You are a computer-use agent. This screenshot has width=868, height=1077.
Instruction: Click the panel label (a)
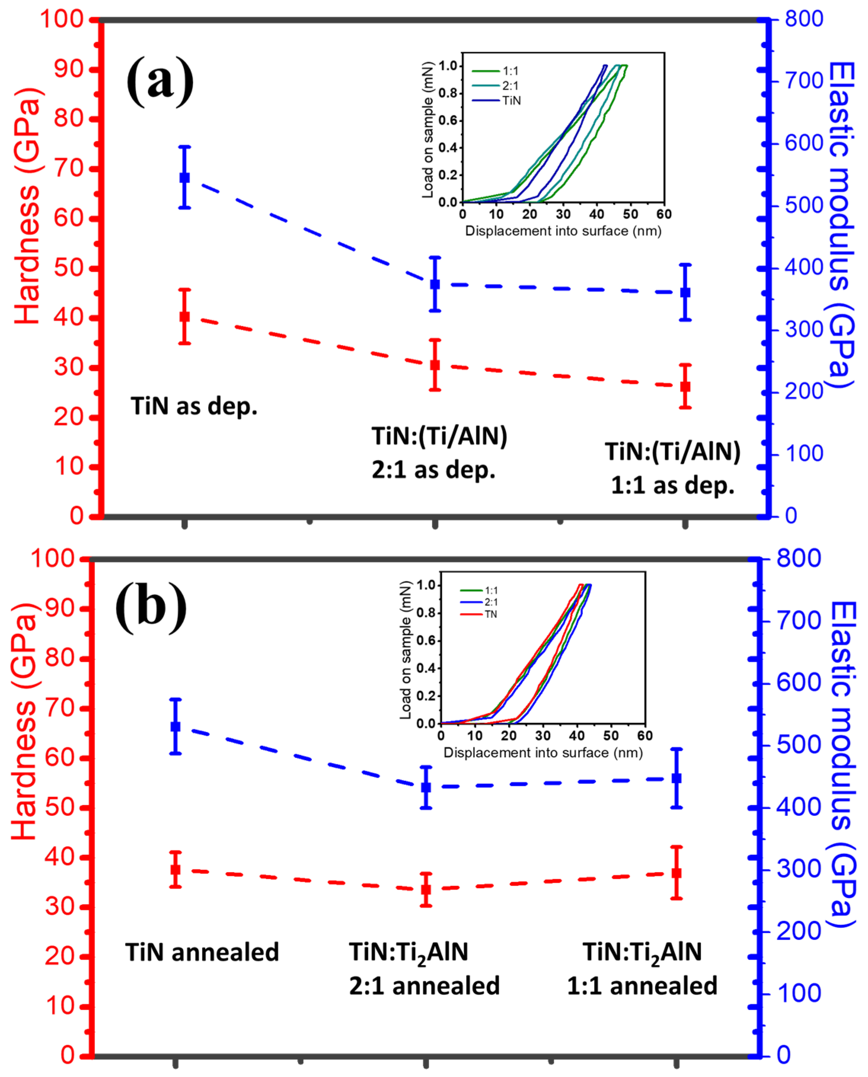pyautogui.click(x=160, y=81)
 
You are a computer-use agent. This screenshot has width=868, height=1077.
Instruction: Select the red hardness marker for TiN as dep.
pyautogui.click(x=185, y=317)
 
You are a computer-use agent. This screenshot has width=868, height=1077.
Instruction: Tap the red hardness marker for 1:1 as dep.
pyautogui.click(x=686, y=386)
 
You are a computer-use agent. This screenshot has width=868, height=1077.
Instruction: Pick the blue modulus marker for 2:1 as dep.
pyautogui.click(x=435, y=284)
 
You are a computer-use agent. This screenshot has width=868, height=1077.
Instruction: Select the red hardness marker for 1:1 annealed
pyautogui.click(x=677, y=873)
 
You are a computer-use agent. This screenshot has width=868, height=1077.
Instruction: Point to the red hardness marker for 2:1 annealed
pyautogui.click(x=426, y=889)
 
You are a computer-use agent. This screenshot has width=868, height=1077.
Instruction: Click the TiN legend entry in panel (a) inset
pyautogui.click(x=511, y=101)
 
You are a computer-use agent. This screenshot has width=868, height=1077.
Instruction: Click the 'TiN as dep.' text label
pyautogui.click(x=194, y=406)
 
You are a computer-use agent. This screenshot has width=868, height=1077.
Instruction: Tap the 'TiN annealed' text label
pyautogui.click(x=202, y=953)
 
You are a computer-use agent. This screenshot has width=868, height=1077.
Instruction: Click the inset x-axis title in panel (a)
pyautogui.click(x=563, y=231)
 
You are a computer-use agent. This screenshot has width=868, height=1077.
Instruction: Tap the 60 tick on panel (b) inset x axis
pyautogui.click(x=645, y=736)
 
